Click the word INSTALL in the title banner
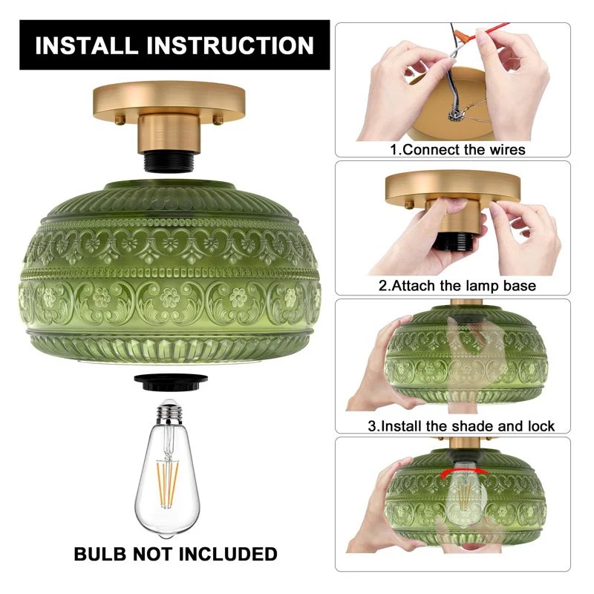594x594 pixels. tap(86, 45)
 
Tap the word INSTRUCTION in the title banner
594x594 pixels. tap(230, 45)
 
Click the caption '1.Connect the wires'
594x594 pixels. tap(457, 150)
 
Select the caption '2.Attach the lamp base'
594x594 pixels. tap(457, 286)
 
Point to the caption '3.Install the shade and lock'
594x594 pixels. tap(461, 426)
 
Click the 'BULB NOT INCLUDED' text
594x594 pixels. tap(175, 554)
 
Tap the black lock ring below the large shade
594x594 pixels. tap(171, 382)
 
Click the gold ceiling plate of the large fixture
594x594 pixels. tap(169, 100)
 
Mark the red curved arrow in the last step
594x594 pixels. tap(464, 471)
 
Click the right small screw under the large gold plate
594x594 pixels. tap(218, 120)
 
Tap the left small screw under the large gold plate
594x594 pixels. tap(120, 120)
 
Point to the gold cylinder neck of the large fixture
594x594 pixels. tap(169, 134)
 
